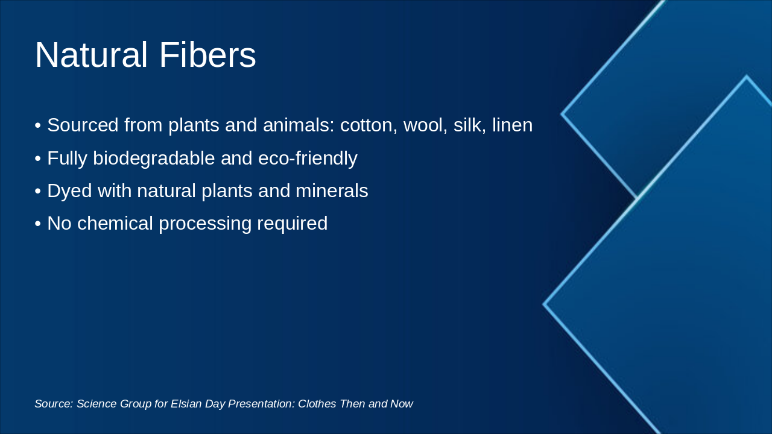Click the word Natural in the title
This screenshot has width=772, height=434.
(91, 55)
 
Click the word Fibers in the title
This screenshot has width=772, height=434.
(207, 55)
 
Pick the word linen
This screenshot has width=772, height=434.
(512, 125)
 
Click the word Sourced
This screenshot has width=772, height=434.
(83, 125)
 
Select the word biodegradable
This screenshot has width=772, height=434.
(154, 159)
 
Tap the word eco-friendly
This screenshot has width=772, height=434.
(308, 159)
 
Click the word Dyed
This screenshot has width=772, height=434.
(69, 191)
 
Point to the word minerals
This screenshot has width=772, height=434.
(332, 191)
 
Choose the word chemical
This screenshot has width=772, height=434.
(115, 223)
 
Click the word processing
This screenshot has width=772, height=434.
(205, 224)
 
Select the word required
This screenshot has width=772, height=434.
(293, 224)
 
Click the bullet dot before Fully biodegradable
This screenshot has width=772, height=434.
(38, 159)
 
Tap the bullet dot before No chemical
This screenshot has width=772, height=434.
(38, 224)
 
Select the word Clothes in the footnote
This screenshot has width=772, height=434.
(317, 404)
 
